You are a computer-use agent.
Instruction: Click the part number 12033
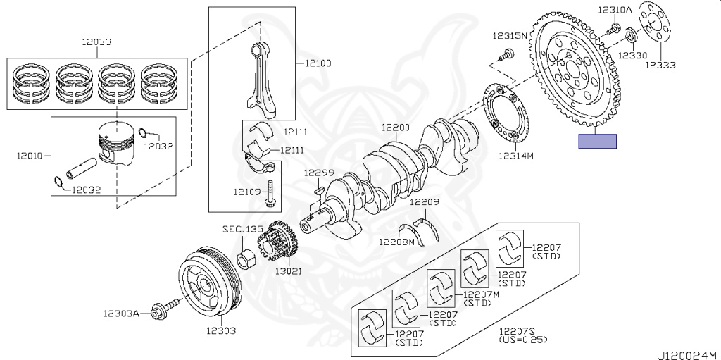96,42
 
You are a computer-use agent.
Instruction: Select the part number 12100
318,63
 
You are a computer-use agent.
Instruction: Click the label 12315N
509,35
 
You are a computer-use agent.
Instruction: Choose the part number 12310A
615,10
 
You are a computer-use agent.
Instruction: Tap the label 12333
661,65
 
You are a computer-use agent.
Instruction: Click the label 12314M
516,156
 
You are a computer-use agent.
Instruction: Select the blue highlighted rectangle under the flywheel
597,141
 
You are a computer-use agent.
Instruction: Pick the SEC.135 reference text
242,230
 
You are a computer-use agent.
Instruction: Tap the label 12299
319,173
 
